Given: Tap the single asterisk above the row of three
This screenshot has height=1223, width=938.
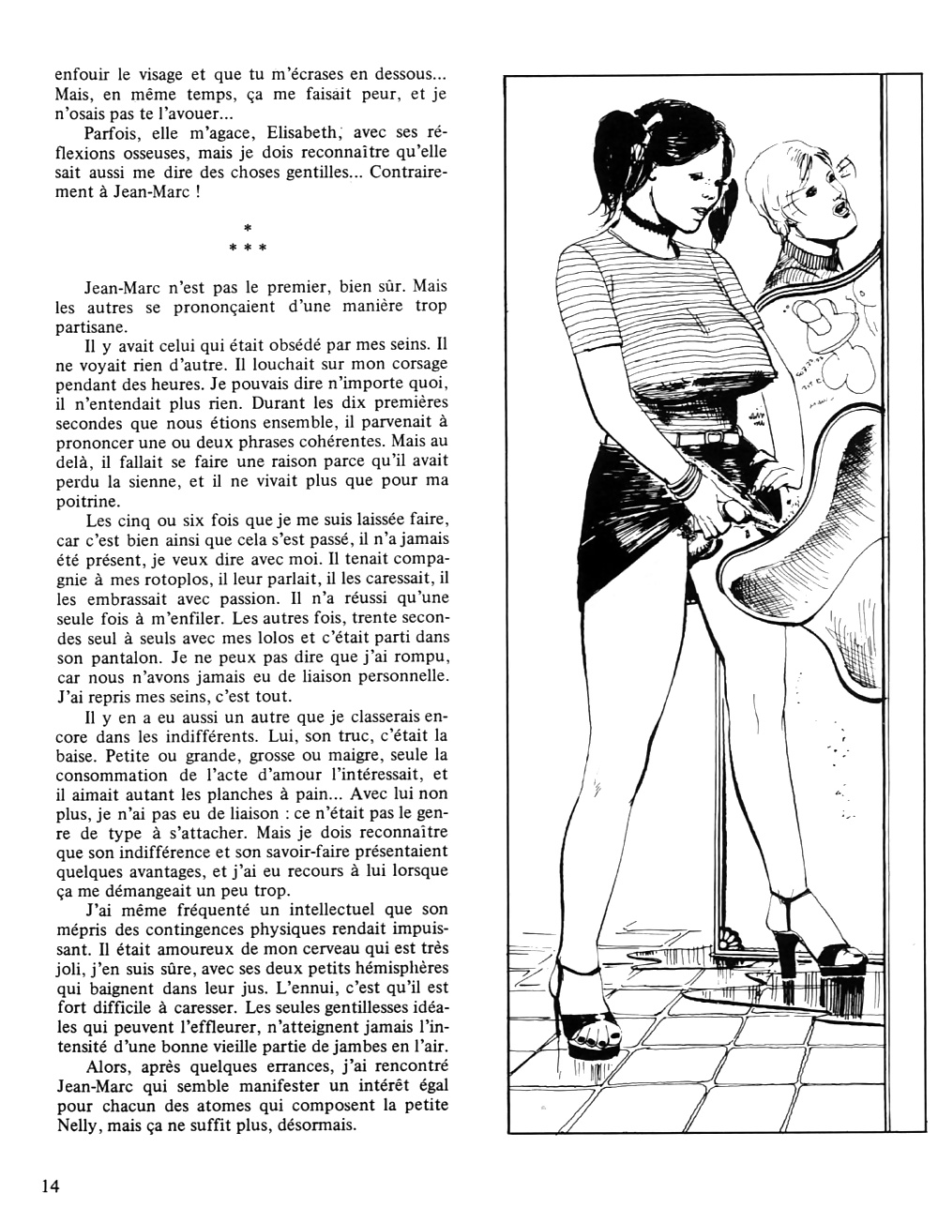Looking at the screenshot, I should point(247,227).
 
